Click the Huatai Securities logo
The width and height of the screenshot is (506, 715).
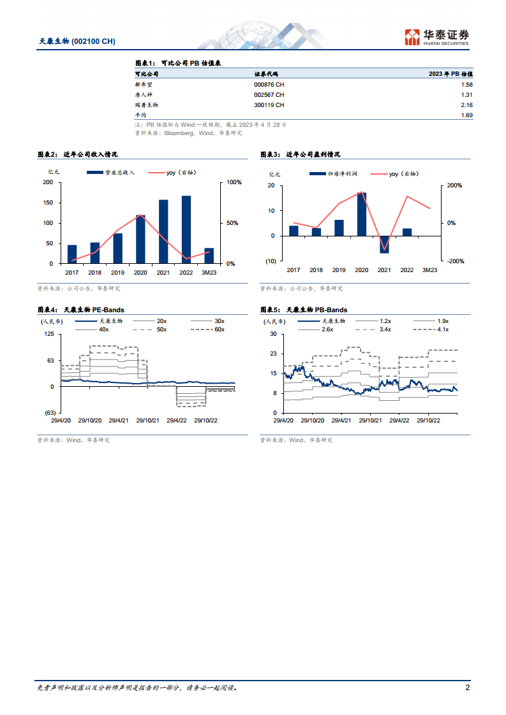(x=437, y=36)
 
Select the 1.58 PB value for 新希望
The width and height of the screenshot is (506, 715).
(x=466, y=85)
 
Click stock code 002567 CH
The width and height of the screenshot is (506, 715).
(x=269, y=95)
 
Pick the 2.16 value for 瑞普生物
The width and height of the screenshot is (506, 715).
(x=466, y=105)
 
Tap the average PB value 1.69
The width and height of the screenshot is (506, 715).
(x=466, y=115)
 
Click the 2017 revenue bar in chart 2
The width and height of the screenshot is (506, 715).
(x=72, y=254)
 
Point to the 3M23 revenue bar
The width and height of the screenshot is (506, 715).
(x=209, y=256)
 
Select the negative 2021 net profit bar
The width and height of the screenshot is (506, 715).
(x=384, y=244)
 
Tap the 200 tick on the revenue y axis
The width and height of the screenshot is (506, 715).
(x=48, y=183)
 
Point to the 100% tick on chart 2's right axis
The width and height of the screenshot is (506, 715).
(x=235, y=183)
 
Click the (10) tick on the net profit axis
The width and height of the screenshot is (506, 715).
(x=271, y=261)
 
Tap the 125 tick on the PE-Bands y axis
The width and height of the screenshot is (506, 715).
(x=48, y=334)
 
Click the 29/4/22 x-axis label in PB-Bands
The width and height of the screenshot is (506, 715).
(x=399, y=421)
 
